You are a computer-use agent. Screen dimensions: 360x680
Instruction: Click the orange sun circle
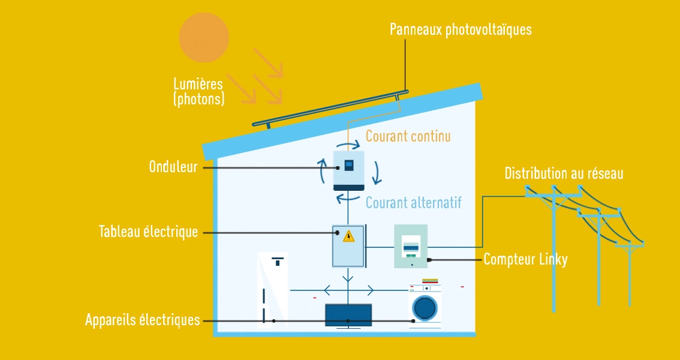tap(204, 37)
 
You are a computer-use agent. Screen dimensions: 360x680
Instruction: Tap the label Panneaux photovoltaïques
tap(460, 29)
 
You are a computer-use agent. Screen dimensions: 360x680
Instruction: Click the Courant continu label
tap(408, 136)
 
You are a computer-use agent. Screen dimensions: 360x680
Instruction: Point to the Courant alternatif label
tap(414, 202)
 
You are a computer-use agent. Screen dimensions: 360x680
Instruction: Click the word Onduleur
tap(173, 167)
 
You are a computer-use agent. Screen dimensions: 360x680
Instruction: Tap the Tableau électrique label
tap(148, 232)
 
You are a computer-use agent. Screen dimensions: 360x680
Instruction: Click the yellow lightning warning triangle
tap(348, 236)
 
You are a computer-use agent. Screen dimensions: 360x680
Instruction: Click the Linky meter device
tap(411, 246)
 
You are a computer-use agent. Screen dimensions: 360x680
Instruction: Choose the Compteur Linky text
tap(525, 260)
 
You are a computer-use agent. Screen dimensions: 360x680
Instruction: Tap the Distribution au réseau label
tap(564, 174)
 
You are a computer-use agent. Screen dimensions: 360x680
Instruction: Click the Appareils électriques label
tap(142, 320)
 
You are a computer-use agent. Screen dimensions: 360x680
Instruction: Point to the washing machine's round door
tap(425, 307)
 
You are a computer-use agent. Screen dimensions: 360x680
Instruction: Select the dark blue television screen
tap(348, 314)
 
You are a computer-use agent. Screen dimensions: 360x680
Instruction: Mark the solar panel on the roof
tap(330, 109)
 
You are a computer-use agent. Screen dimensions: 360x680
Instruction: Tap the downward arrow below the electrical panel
tap(348, 278)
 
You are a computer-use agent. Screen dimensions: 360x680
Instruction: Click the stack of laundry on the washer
tap(431, 281)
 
